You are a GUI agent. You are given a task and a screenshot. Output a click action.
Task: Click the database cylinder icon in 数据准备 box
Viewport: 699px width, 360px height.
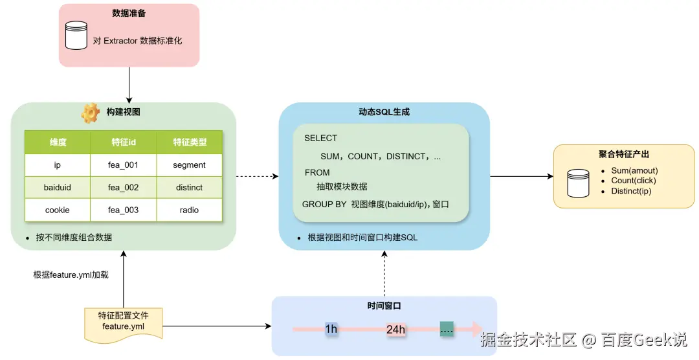[77, 36]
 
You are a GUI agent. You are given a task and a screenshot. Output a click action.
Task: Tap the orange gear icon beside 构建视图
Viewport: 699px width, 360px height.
[90, 113]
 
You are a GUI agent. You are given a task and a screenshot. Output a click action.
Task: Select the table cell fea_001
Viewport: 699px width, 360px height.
[123, 165]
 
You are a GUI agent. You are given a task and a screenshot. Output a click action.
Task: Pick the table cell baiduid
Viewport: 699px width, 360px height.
[57, 188]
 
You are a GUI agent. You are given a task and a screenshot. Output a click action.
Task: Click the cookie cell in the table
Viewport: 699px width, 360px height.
[57, 210]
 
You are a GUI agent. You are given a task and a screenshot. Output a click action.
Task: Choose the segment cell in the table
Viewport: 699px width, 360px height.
[189, 165]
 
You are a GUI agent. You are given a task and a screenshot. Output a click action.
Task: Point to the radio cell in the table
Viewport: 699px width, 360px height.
[189, 210]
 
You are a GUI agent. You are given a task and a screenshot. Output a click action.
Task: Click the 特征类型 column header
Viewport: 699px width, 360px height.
[189, 142]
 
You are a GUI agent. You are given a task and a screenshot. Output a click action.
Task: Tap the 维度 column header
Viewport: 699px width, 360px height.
[58, 142]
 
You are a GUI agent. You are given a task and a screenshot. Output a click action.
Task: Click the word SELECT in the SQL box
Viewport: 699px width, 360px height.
[320, 138]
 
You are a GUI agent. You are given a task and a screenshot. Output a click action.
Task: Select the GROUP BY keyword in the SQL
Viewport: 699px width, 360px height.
[324, 205]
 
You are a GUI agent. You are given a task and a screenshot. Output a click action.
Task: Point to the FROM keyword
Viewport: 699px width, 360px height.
[317, 173]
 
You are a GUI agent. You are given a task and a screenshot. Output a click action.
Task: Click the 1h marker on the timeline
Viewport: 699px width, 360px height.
[331, 329]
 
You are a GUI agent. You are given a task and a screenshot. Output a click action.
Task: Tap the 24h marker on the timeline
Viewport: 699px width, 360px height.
[395, 329]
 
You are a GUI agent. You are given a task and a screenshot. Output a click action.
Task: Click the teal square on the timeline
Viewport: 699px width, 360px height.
[447, 328]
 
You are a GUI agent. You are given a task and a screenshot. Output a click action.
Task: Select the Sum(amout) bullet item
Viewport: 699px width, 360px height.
[634, 171]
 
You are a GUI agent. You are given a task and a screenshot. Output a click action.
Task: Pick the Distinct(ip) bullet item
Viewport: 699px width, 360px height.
[630, 191]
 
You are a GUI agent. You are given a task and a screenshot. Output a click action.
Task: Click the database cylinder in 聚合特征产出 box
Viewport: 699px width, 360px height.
[578, 183]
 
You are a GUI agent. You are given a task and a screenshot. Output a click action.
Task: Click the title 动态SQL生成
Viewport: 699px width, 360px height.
[384, 112]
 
